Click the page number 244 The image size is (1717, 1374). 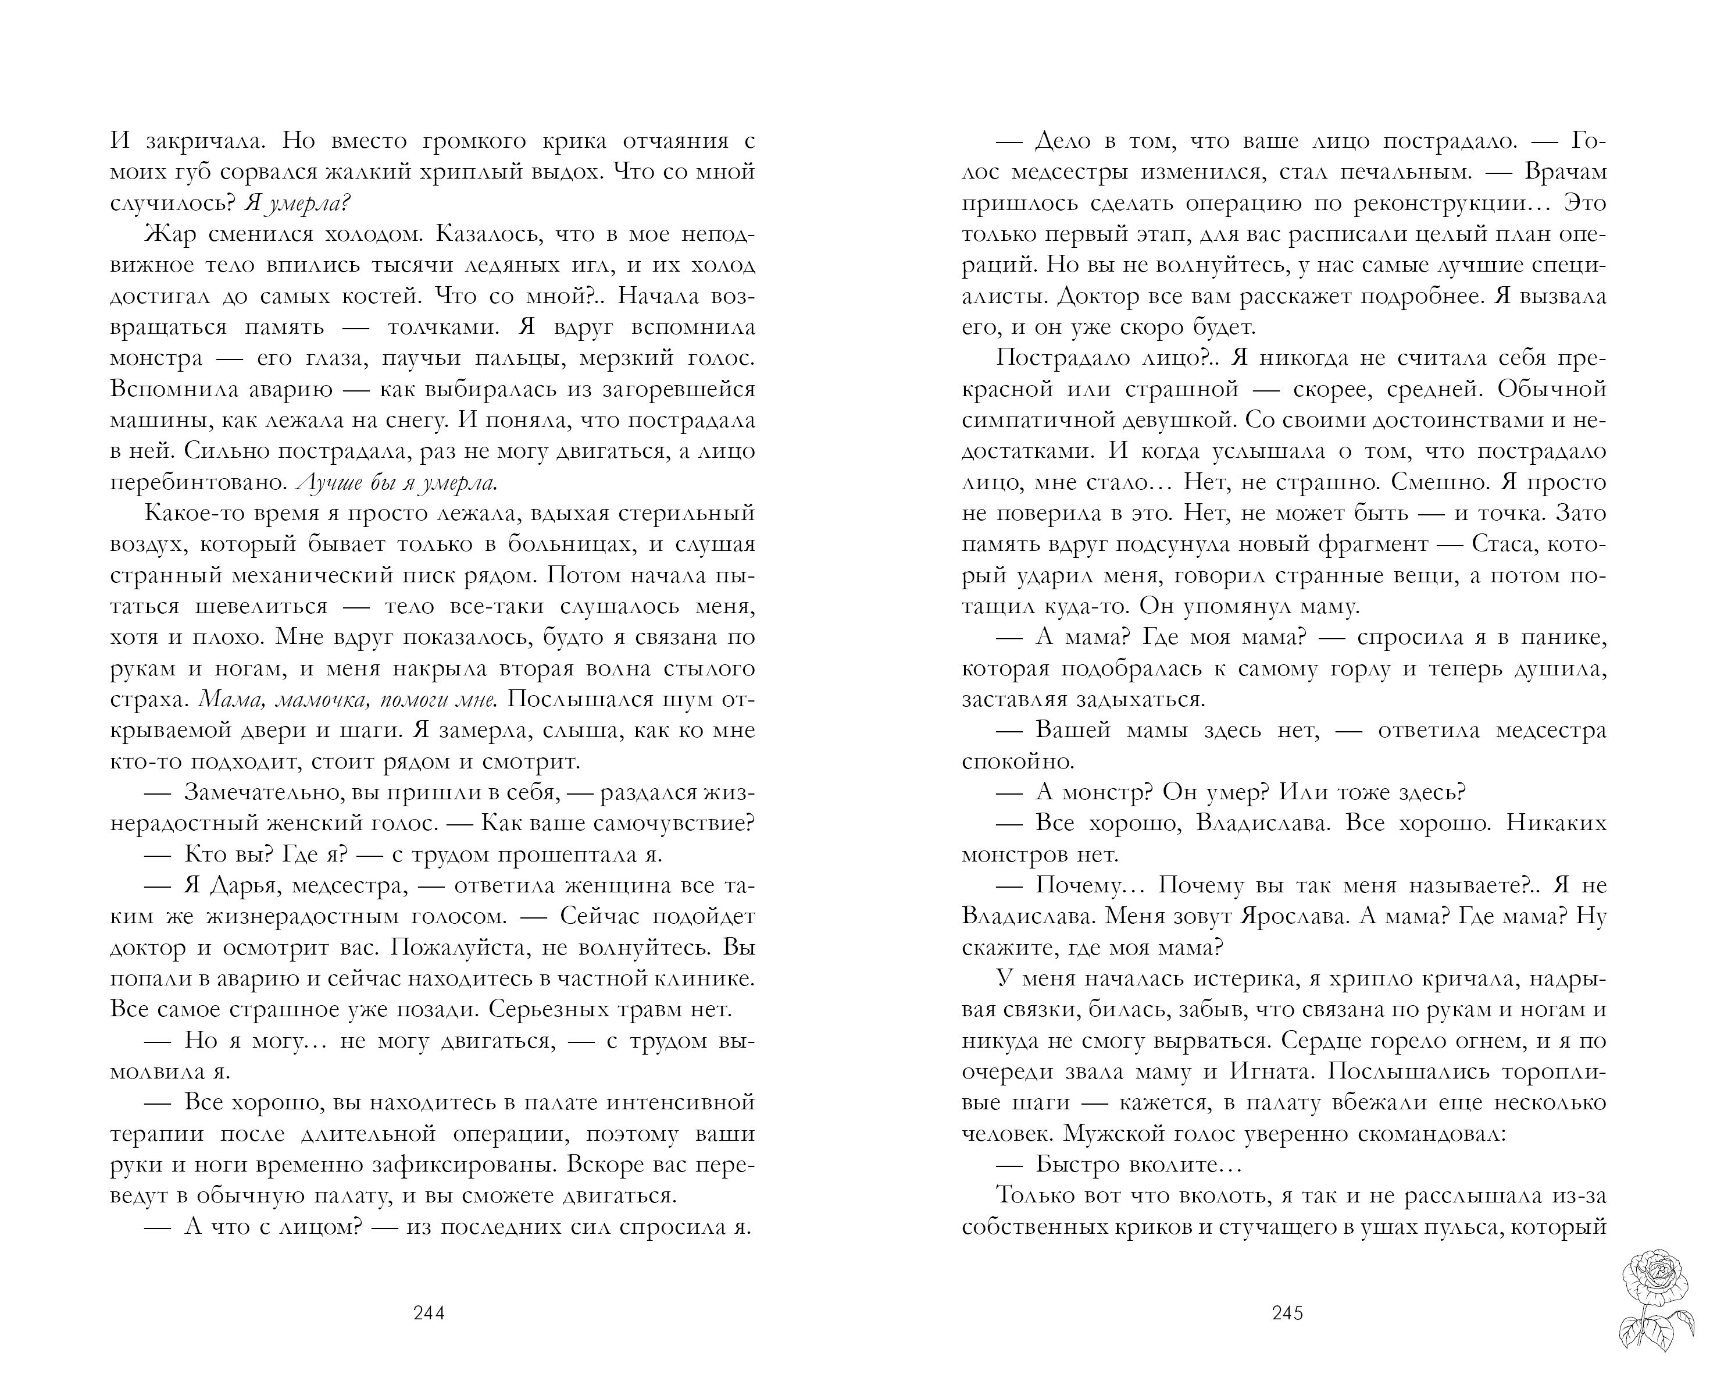coord(429,1314)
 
